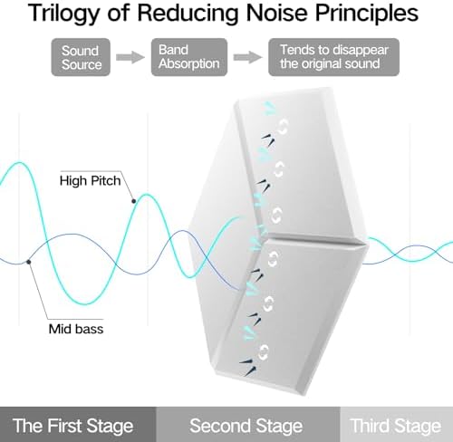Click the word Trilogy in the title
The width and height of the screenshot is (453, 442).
click(x=64, y=14)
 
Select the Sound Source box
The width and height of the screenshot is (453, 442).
click(x=81, y=57)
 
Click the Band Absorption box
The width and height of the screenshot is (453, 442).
click(x=189, y=57)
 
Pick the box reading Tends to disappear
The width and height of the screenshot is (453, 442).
click(x=333, y=57)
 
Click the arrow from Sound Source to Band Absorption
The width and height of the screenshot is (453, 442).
click(x=130, y=57)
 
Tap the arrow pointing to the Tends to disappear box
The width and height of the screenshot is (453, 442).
click(x=247, y=57)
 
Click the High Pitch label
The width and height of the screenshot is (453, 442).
click(x=90, y=180)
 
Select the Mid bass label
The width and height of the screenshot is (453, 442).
click(x=76, y=329)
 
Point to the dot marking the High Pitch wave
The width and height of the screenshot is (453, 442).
click(x=133, y=201)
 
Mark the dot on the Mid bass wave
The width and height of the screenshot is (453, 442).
click(x=28, y=262)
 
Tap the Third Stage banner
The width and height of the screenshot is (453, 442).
click(x=397, y=424)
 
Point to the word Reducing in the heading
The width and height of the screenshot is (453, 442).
click(x=188, y=14)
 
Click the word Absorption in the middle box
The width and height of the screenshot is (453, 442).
click(x=189, y=64)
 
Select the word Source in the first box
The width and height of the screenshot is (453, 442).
click(x=82, y=64)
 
